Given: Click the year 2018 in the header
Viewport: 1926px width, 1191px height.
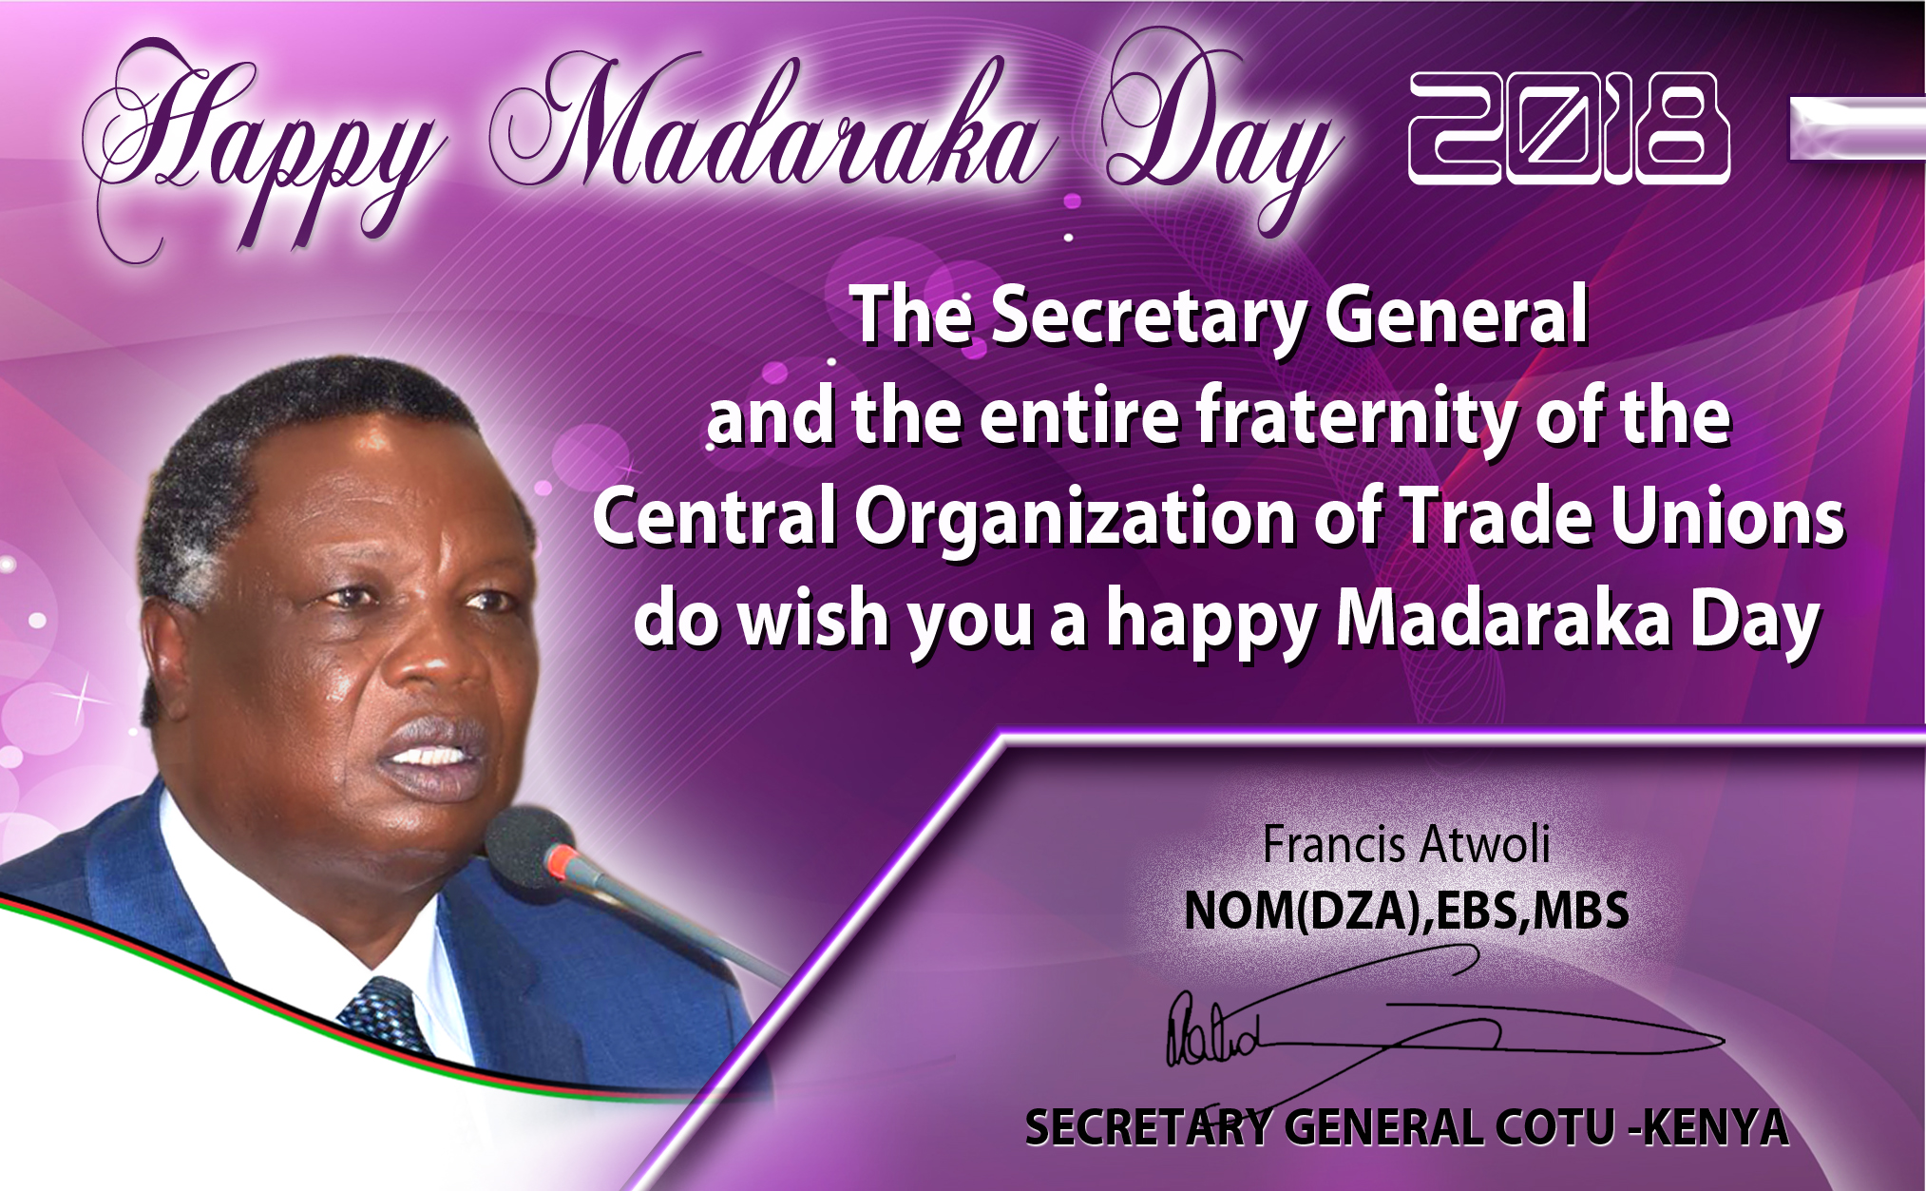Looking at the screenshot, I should [x=1568, y=129].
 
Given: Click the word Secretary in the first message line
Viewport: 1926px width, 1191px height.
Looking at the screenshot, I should [x=1149, y=317].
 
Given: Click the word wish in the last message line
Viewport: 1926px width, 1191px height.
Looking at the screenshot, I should [x=813, y=619].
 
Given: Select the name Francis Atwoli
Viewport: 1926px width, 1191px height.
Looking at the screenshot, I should [x=1405, y=844].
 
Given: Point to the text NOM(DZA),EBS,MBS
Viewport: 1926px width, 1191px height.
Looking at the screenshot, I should [x=1406, y=911].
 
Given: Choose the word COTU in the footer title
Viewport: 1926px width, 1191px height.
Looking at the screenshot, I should [x=1554, y=1129].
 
